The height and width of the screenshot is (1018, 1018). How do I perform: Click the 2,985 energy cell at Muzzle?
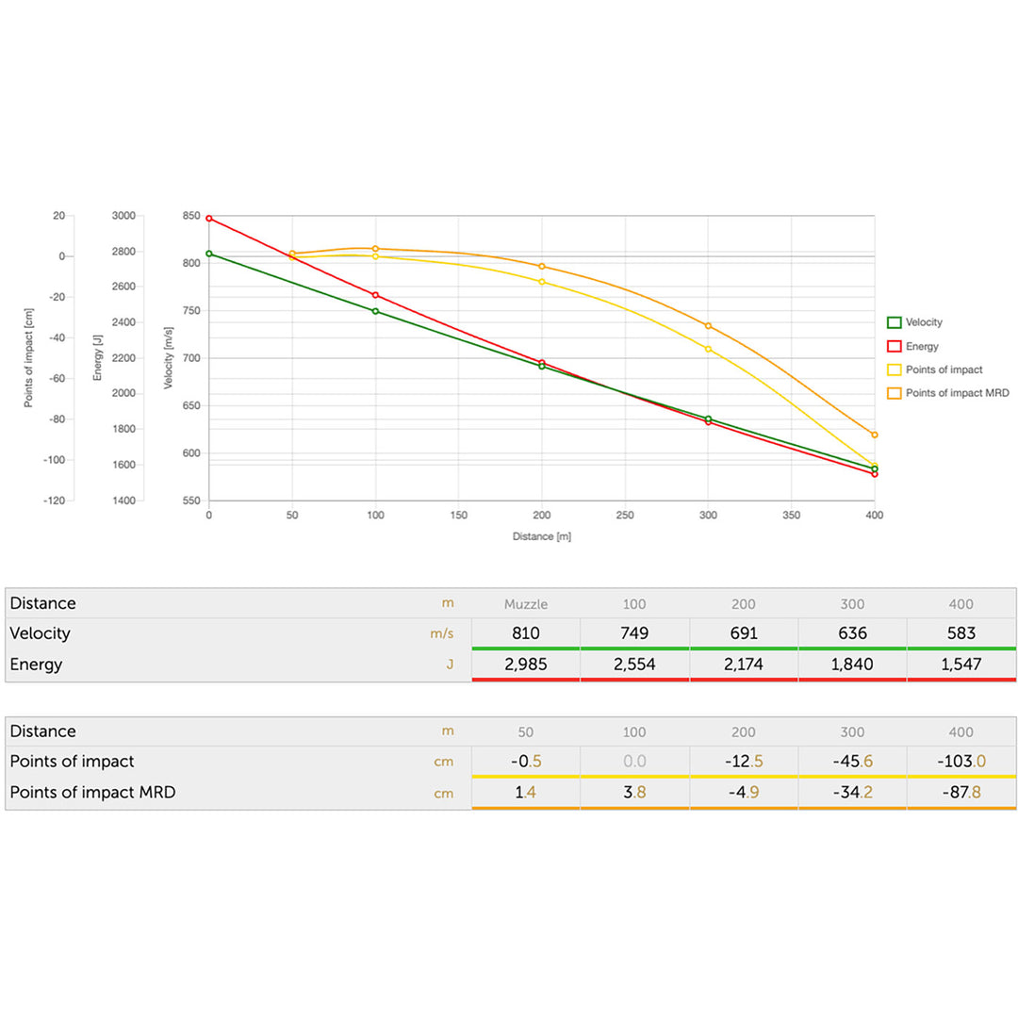pyautogui.click(x=526, y=665)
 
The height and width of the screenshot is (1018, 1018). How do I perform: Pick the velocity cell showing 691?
pyautogui.click(x=744, y=633)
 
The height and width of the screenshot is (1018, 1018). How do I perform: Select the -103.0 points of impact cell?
pyautogui.click(x=961, y=761)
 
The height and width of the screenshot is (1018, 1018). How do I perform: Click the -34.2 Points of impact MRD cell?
pyautogui.click(x=852, y=793)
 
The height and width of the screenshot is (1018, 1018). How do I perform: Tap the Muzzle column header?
pyautogui.click(x=526, y=604)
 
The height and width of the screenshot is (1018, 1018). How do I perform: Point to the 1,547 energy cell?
pyautogui.click(x=961, y=665)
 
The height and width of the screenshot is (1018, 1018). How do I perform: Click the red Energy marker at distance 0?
pyautogui.click(x=209, y=219)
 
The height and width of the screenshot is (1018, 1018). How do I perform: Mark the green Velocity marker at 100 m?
pyautogui.click(x=376, y=311)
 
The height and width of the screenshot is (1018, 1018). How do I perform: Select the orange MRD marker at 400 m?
pyautogui.click(x=875, y=435)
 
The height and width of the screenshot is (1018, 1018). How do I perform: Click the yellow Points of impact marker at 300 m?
pyautogui.click(x=708, y=349)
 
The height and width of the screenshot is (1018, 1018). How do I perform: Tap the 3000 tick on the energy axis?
pyautogui.click(x=124, y=216)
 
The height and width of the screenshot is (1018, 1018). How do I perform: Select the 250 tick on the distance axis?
pyautogui.click(x=625, y=516)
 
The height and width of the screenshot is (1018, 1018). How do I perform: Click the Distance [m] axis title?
pyautogui.click(x=542, y=536)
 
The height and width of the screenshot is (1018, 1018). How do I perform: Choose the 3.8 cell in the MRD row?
pyautogui.click(x=634, y=793)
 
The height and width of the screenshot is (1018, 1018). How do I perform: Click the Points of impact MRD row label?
pyautogui.click(x=92, y=793)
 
